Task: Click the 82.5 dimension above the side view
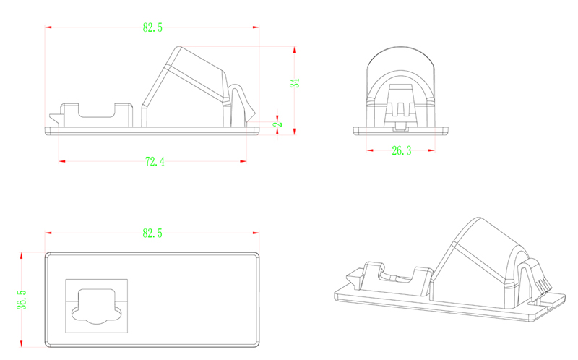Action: (x=152, y=27)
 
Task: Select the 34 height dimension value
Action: (x=295, y=83)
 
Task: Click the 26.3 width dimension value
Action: (x=401, y=150)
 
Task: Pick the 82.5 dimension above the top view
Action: (x=152, y=233)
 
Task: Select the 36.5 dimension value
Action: (x=22, y=299)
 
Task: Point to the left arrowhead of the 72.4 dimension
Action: (x=61, y=160)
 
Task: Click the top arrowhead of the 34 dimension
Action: (x=295, y=48)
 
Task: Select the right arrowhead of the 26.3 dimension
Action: (x=433, y=150)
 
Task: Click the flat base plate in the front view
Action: (x=401, y=131)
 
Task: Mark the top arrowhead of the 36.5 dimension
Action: (x=22, y=254)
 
